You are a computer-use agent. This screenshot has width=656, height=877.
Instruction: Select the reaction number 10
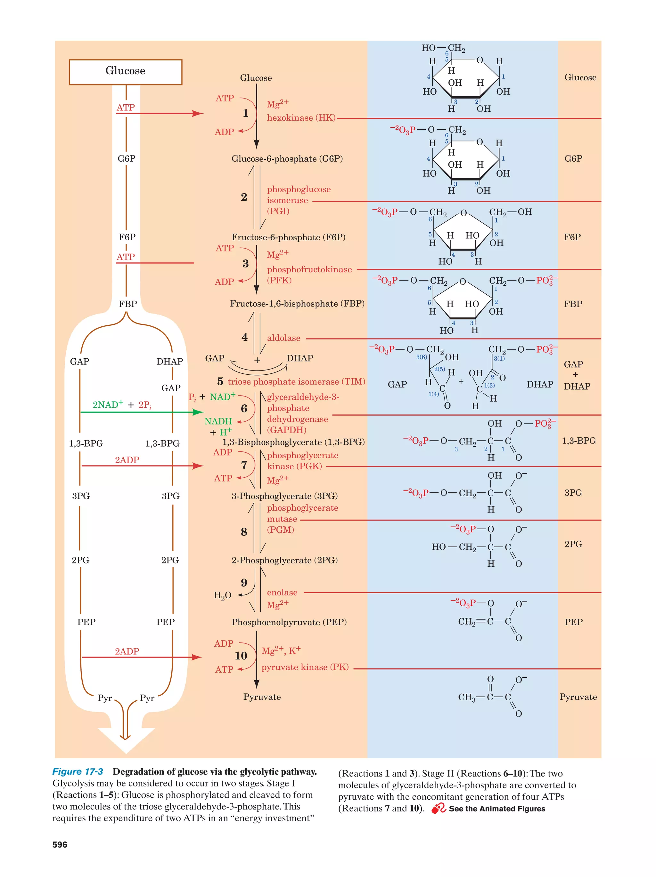pyautogui.click(x=241, y=656)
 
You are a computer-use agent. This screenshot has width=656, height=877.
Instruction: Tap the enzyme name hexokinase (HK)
pyautogui.click(x=301, y=118)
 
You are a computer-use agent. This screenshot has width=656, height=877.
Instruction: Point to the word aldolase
pyautogui.click(x=283, y=338)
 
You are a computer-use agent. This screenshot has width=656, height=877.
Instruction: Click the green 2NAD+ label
pyautogui.click(x=108, y=404)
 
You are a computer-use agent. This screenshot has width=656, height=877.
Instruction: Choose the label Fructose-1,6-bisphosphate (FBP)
pyautogui.click(x=297, y=304)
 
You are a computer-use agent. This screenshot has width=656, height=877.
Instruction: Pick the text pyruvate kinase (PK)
pyautogui.click(x=305, y=667)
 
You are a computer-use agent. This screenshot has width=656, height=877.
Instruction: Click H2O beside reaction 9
pyautogui.click(x=222, y=595)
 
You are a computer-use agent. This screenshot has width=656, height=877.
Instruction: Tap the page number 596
pyautogui.click(x=60, y=844)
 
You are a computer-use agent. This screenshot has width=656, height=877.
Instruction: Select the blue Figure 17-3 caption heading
pyautogui.click(x=78, y=771)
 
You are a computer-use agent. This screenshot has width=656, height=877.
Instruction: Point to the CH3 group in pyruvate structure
pyautogui.click(x=466, y=698)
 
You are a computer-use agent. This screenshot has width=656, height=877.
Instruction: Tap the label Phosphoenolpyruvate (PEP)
pyautogui.click(x=289, y=622)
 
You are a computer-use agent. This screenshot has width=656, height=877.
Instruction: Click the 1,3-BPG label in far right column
pyautogui.click(x=578, y=441)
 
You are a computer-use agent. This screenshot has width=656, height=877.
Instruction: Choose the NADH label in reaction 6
pyautogui.click(x=218, y=421)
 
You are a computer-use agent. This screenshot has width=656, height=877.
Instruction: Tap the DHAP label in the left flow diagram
pyautogui.click(x=169, y=362)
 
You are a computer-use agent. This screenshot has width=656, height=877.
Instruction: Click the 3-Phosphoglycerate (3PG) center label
pyautogui.click(x=284, y=496)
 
